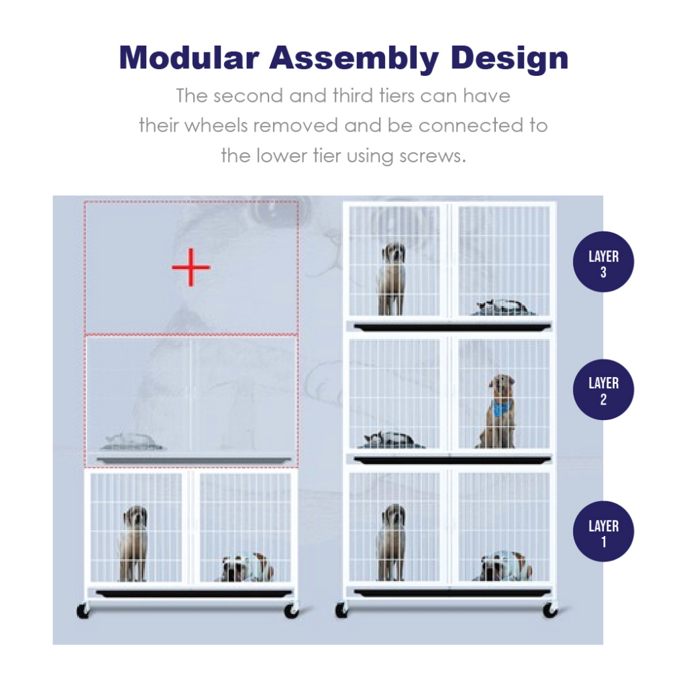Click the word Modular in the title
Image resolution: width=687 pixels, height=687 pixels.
coord(189,58)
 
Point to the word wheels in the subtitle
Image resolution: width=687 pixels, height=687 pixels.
coord(217,125)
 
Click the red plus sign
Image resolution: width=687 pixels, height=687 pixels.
coord(191,267)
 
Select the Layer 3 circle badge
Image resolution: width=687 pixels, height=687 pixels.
coord(603,262)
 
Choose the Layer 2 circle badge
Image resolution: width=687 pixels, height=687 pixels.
coord(603,390)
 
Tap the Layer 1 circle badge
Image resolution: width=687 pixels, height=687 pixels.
coord(603,531)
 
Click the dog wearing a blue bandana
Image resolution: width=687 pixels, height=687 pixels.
coord(499,411)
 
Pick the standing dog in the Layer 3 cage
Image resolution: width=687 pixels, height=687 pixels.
coord(392,278)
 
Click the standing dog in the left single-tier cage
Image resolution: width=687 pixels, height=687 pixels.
coord(134,543)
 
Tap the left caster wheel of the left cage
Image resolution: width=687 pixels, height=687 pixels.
coord(83,611)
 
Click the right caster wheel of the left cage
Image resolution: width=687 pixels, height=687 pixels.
coord(291,611)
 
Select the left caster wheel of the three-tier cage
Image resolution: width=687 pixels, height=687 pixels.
coord(341,611)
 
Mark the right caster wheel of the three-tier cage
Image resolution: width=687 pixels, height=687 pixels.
coord(550,611)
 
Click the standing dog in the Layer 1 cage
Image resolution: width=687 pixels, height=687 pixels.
coord(392,542)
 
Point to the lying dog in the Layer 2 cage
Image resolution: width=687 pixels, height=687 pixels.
coord(391,439)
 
